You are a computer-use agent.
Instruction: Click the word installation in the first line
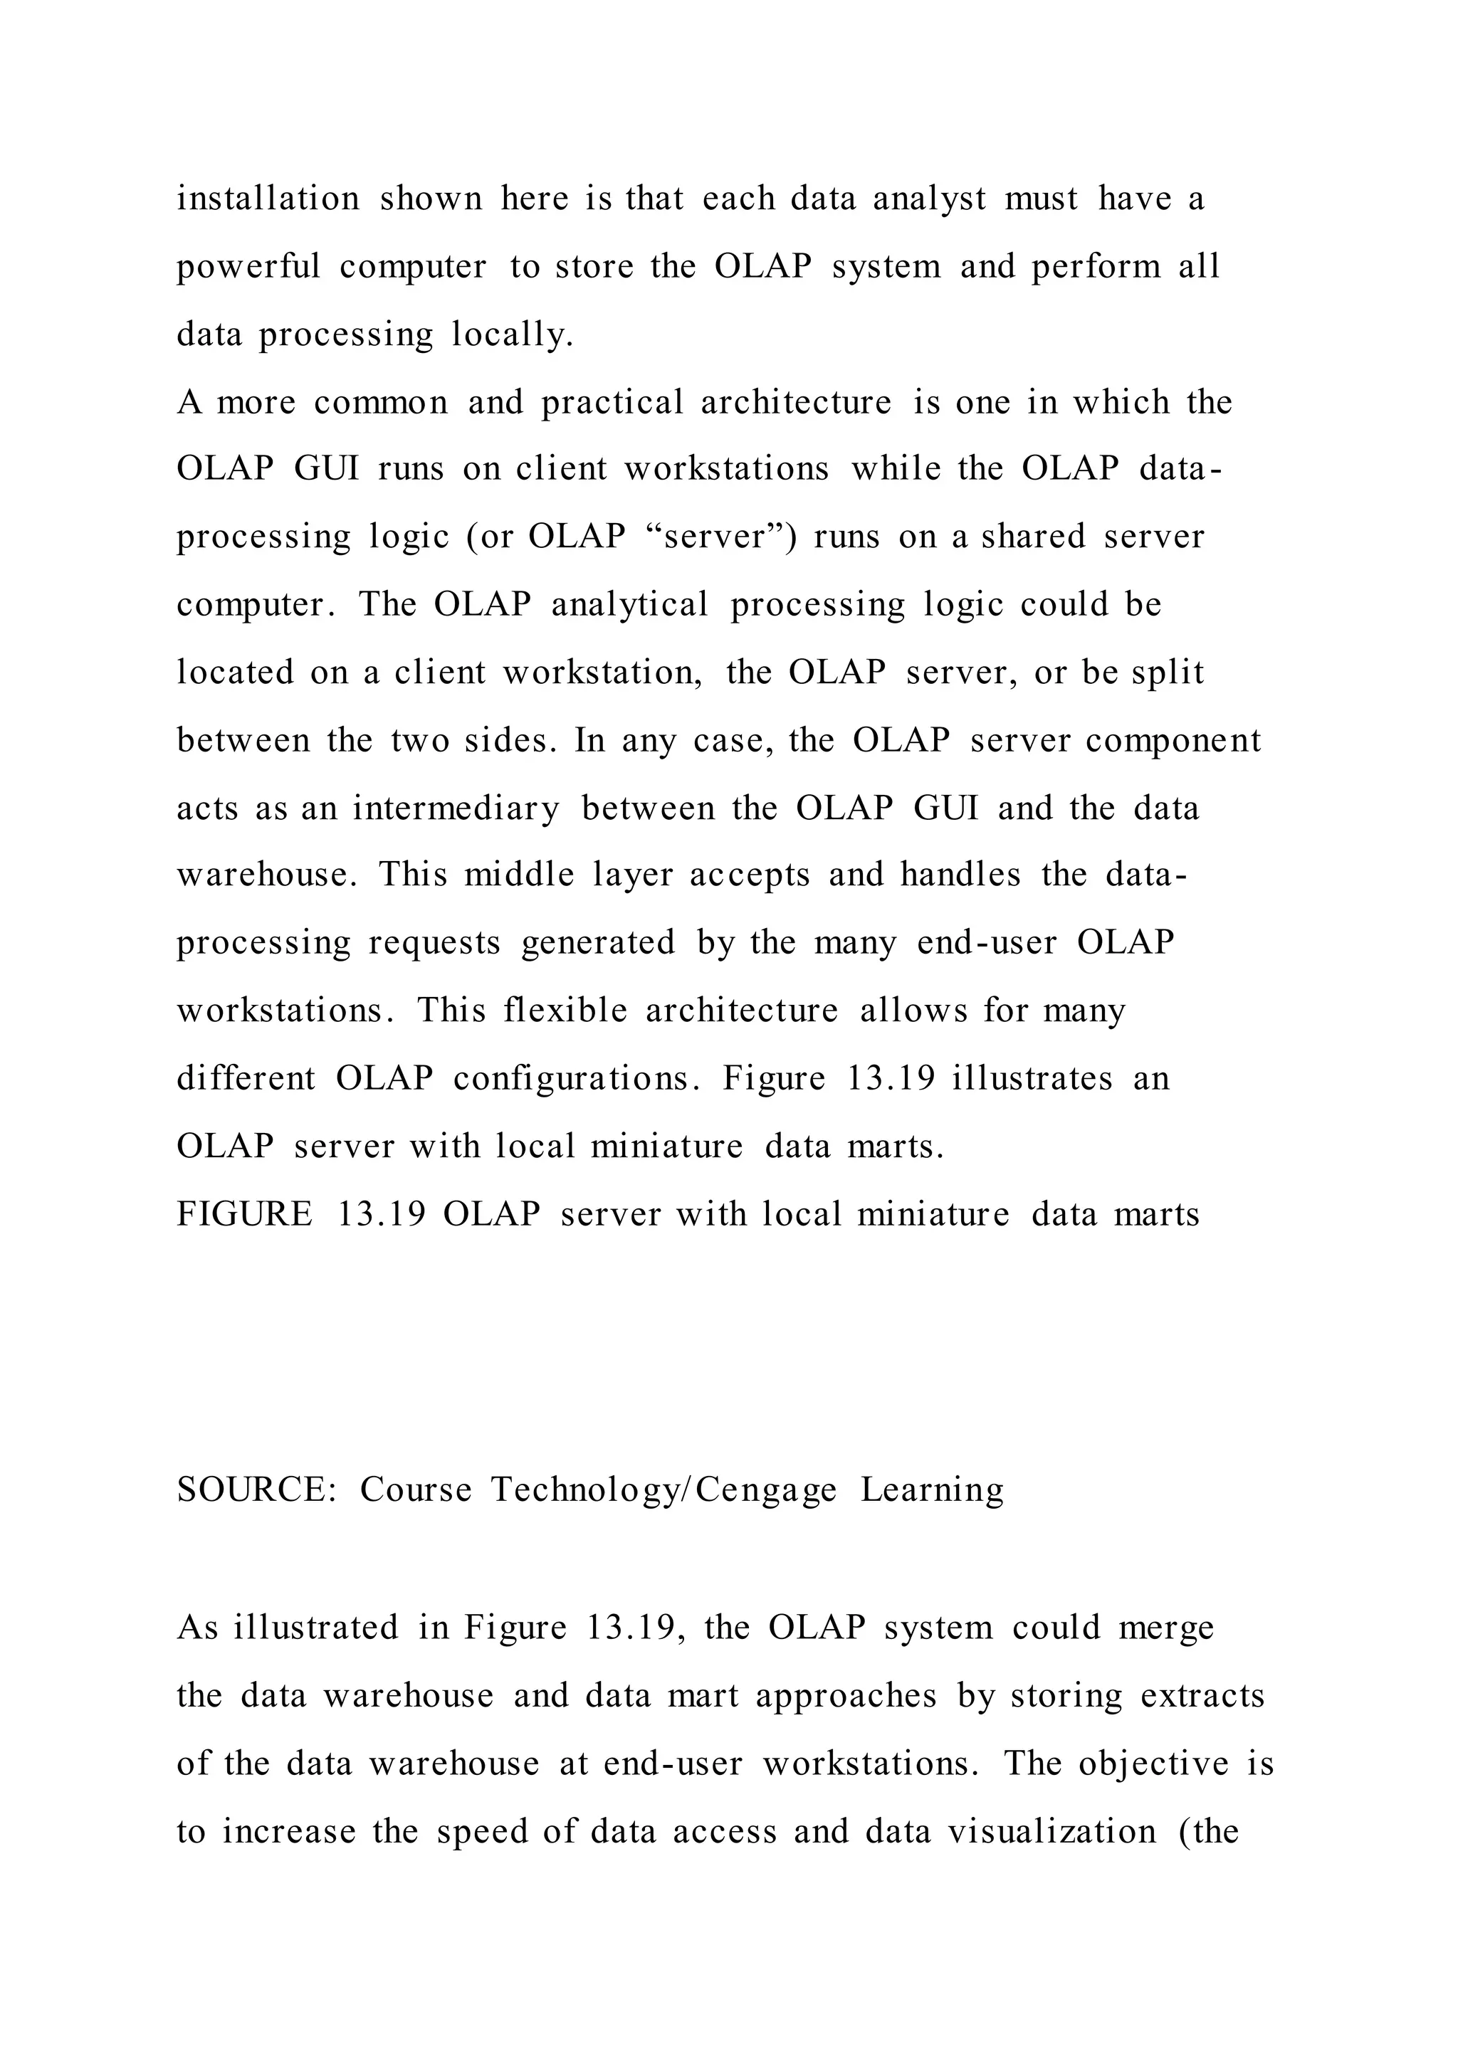tap(268, 199)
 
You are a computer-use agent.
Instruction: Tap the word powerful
tap(248, 267)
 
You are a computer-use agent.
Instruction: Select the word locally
tap(512, 334)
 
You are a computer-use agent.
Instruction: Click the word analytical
tap(629, 604)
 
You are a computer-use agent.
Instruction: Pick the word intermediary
tap(456, 808)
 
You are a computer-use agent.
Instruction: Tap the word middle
tap(519, 875)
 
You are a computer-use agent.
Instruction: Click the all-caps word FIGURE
tap(244, 1215)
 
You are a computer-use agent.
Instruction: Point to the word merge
tap(1166, 1628)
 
